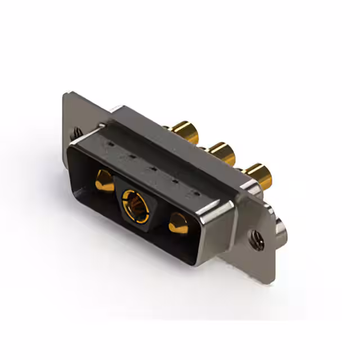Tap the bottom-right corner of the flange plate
[x=269, y=280]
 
